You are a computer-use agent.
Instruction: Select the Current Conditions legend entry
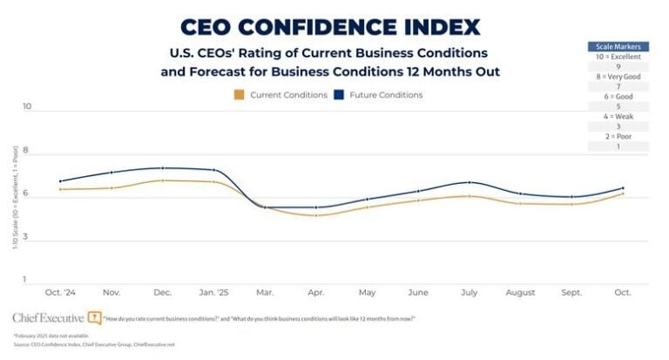(280, 94)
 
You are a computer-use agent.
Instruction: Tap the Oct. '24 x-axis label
(61, 291)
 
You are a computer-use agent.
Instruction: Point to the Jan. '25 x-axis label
(213, 291)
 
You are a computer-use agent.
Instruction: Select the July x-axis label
(470, 291)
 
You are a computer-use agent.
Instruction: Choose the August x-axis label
(520, 291)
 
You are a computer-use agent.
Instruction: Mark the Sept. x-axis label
(571, 291)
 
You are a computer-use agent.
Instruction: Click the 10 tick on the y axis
(27, 106)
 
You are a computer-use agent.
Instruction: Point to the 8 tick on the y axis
(27, 151)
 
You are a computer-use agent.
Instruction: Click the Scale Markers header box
(618, 46)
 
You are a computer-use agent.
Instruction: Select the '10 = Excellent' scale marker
(618, 57)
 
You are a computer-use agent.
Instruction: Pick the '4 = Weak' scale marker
(618, 114)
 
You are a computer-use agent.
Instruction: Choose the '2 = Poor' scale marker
(618, 136)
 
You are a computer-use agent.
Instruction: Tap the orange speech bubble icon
(94, 318)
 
